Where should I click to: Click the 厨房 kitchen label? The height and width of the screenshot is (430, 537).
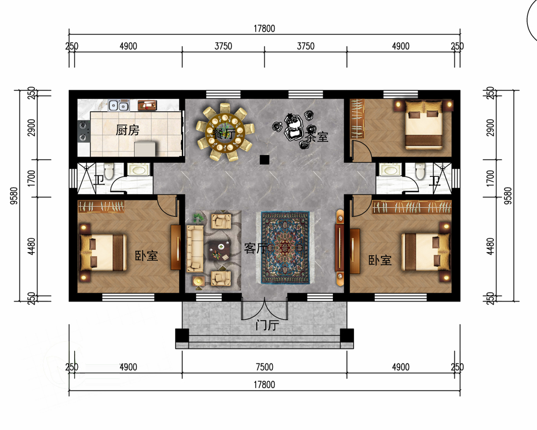(x=127, y=130)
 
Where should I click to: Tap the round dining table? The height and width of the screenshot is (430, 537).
(x=224, y=132)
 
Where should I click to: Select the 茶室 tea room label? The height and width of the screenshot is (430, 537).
(x=316, y=137)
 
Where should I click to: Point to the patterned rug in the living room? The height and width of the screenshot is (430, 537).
(x=285, y=248)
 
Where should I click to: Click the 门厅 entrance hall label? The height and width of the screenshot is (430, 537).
(x=267, y=325)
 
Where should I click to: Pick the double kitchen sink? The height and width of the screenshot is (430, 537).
(x=119, y=105)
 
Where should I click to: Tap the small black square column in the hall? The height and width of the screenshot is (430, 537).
(x=264, y=160)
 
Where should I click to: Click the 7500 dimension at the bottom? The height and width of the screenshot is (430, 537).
(x=264, y=367)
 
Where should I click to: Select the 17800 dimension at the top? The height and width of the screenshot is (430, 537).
(x=264, y=29)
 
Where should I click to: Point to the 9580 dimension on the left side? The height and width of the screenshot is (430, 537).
(x=14, y=196)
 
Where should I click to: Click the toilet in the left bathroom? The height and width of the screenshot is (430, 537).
(x=108, y=171)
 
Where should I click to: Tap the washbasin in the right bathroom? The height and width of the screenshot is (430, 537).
(x=390, y=170)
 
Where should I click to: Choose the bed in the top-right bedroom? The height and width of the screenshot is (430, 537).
(x=424, y=125)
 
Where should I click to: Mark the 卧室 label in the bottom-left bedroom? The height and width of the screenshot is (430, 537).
(x=146, y=256)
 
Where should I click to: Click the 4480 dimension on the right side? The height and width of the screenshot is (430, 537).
(x=490, y=246)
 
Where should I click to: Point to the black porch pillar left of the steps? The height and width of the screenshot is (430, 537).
(x=182, y=335)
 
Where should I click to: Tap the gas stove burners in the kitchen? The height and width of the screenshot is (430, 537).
(x=83, y=131)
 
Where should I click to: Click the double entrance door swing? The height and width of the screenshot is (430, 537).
(x=264, y=309)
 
